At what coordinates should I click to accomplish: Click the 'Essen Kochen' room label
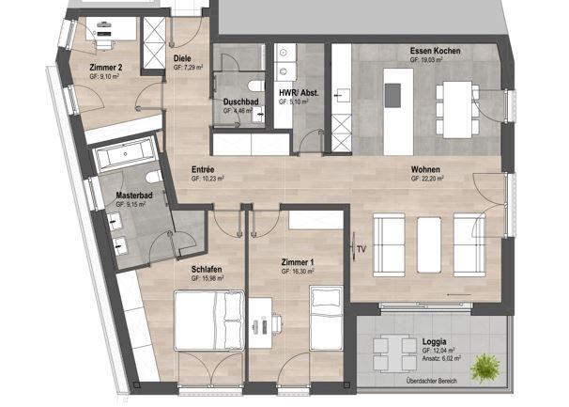(x=435, y=50)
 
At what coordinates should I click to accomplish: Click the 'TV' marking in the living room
(x=361, y=249)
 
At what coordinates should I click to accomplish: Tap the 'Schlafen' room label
(x=207, y=270)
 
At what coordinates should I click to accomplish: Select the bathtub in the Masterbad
(x=125, y=153)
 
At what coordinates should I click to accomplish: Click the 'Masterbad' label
(x=134, y=196)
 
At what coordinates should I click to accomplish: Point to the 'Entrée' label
(x=202, y=169)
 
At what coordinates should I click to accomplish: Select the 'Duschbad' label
(x=240, y=102)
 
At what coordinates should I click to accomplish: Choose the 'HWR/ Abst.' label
(x=297, y=92)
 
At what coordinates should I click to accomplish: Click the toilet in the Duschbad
(x=256, y=112)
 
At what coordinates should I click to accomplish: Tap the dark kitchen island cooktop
(x=392, y=93)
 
